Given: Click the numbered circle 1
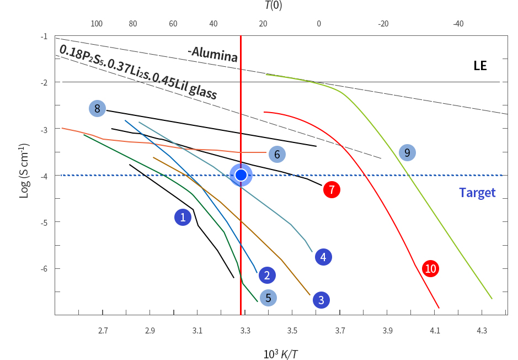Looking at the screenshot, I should [x=183, y=217].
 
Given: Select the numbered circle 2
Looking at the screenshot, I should [x=266, y=275].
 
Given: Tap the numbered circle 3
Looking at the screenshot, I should [x=321, y=300].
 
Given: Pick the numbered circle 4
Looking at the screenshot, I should [x=323, y=257].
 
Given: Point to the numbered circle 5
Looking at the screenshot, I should [x=268, y=298].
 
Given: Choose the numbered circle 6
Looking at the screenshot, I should [x=277, y=154].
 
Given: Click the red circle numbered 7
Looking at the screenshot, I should [x=332, y=189].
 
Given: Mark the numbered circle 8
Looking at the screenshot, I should [x=97, y=108].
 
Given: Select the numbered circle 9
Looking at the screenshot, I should [x=407, y=152].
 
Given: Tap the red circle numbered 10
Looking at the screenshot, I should [x=430, y=268].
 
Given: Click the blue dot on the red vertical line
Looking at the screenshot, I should [x=241, y=175].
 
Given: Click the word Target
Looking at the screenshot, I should [x=477, y=193].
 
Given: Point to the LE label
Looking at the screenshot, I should [x=480, y=66].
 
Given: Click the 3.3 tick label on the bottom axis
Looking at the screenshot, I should [x=245, y=331].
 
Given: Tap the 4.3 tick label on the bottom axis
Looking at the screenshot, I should [x=482, y=331].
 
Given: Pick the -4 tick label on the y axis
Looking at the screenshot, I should [x=44, y=176].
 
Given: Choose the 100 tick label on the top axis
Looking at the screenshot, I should [x=97, y=24].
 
